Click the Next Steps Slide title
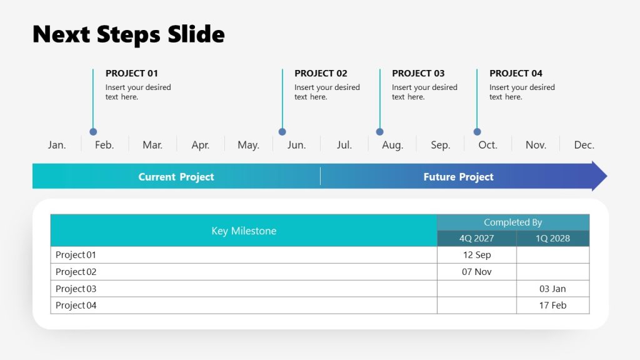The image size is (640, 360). click(x=128, y=34)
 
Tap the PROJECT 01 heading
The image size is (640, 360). click(x=131, y=73)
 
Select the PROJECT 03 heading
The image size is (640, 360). click(x=418, y=73)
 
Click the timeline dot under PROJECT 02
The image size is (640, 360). click(x=282, y=132)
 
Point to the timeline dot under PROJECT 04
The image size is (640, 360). click(x=477, y=132)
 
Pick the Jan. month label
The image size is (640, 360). click(x=57, y=145)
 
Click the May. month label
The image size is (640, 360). click(x=248, y=145)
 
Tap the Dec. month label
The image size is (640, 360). click(x=584, y=145)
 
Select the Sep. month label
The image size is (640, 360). click(x=440, y=145)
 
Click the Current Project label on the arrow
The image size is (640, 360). click(x=176, y=177)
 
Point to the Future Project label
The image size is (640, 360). click(x=458, y=177)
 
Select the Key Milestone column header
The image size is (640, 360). click(x=244, y=231)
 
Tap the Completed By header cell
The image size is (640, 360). click(x=512, y=222)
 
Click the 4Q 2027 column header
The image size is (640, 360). click(x=476, y=238)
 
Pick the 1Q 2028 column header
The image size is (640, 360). click(x=552, y=238)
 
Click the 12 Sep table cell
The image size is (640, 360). click(x=476, y=255)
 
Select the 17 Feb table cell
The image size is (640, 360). click(x=552, y=306)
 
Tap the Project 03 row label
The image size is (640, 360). click(x=76, y=289)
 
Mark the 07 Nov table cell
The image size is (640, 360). click(x=476, y=272)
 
